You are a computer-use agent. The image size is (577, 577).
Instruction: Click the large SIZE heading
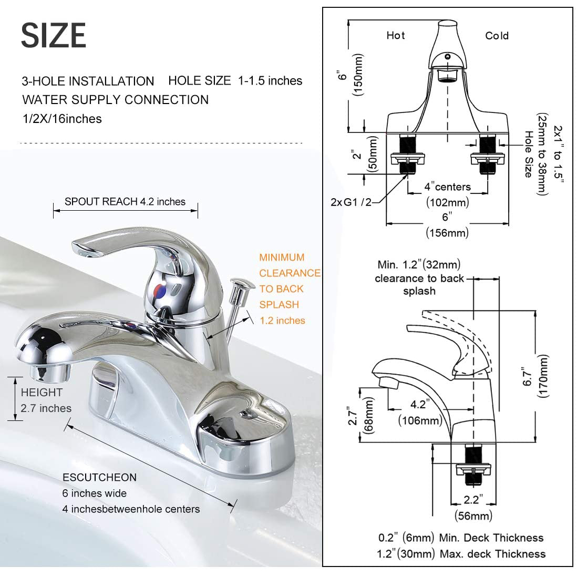54,35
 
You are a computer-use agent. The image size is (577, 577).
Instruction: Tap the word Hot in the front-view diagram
395,35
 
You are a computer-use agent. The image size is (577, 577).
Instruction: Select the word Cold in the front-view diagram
497,36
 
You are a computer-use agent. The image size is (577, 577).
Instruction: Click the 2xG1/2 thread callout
351,201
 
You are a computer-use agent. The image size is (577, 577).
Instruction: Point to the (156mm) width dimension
447,232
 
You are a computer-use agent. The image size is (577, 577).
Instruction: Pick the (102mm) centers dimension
447,202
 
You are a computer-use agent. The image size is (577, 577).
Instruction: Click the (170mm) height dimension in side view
543,376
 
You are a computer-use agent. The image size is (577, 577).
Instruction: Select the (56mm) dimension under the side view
473,516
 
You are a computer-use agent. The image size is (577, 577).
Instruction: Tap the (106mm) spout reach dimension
420,420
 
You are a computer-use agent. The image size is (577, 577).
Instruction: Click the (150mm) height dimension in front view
358,74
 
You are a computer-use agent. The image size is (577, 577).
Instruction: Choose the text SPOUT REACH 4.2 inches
125,202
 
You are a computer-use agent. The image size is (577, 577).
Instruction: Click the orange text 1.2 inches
282,320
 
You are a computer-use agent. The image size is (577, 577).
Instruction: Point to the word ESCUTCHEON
99,477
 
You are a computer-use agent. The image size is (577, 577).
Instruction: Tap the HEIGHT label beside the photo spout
42,392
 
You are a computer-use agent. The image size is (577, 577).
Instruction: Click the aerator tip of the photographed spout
50,373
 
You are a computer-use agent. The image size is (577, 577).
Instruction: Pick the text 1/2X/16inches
62,119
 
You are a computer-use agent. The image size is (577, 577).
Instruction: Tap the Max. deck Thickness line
461,554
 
